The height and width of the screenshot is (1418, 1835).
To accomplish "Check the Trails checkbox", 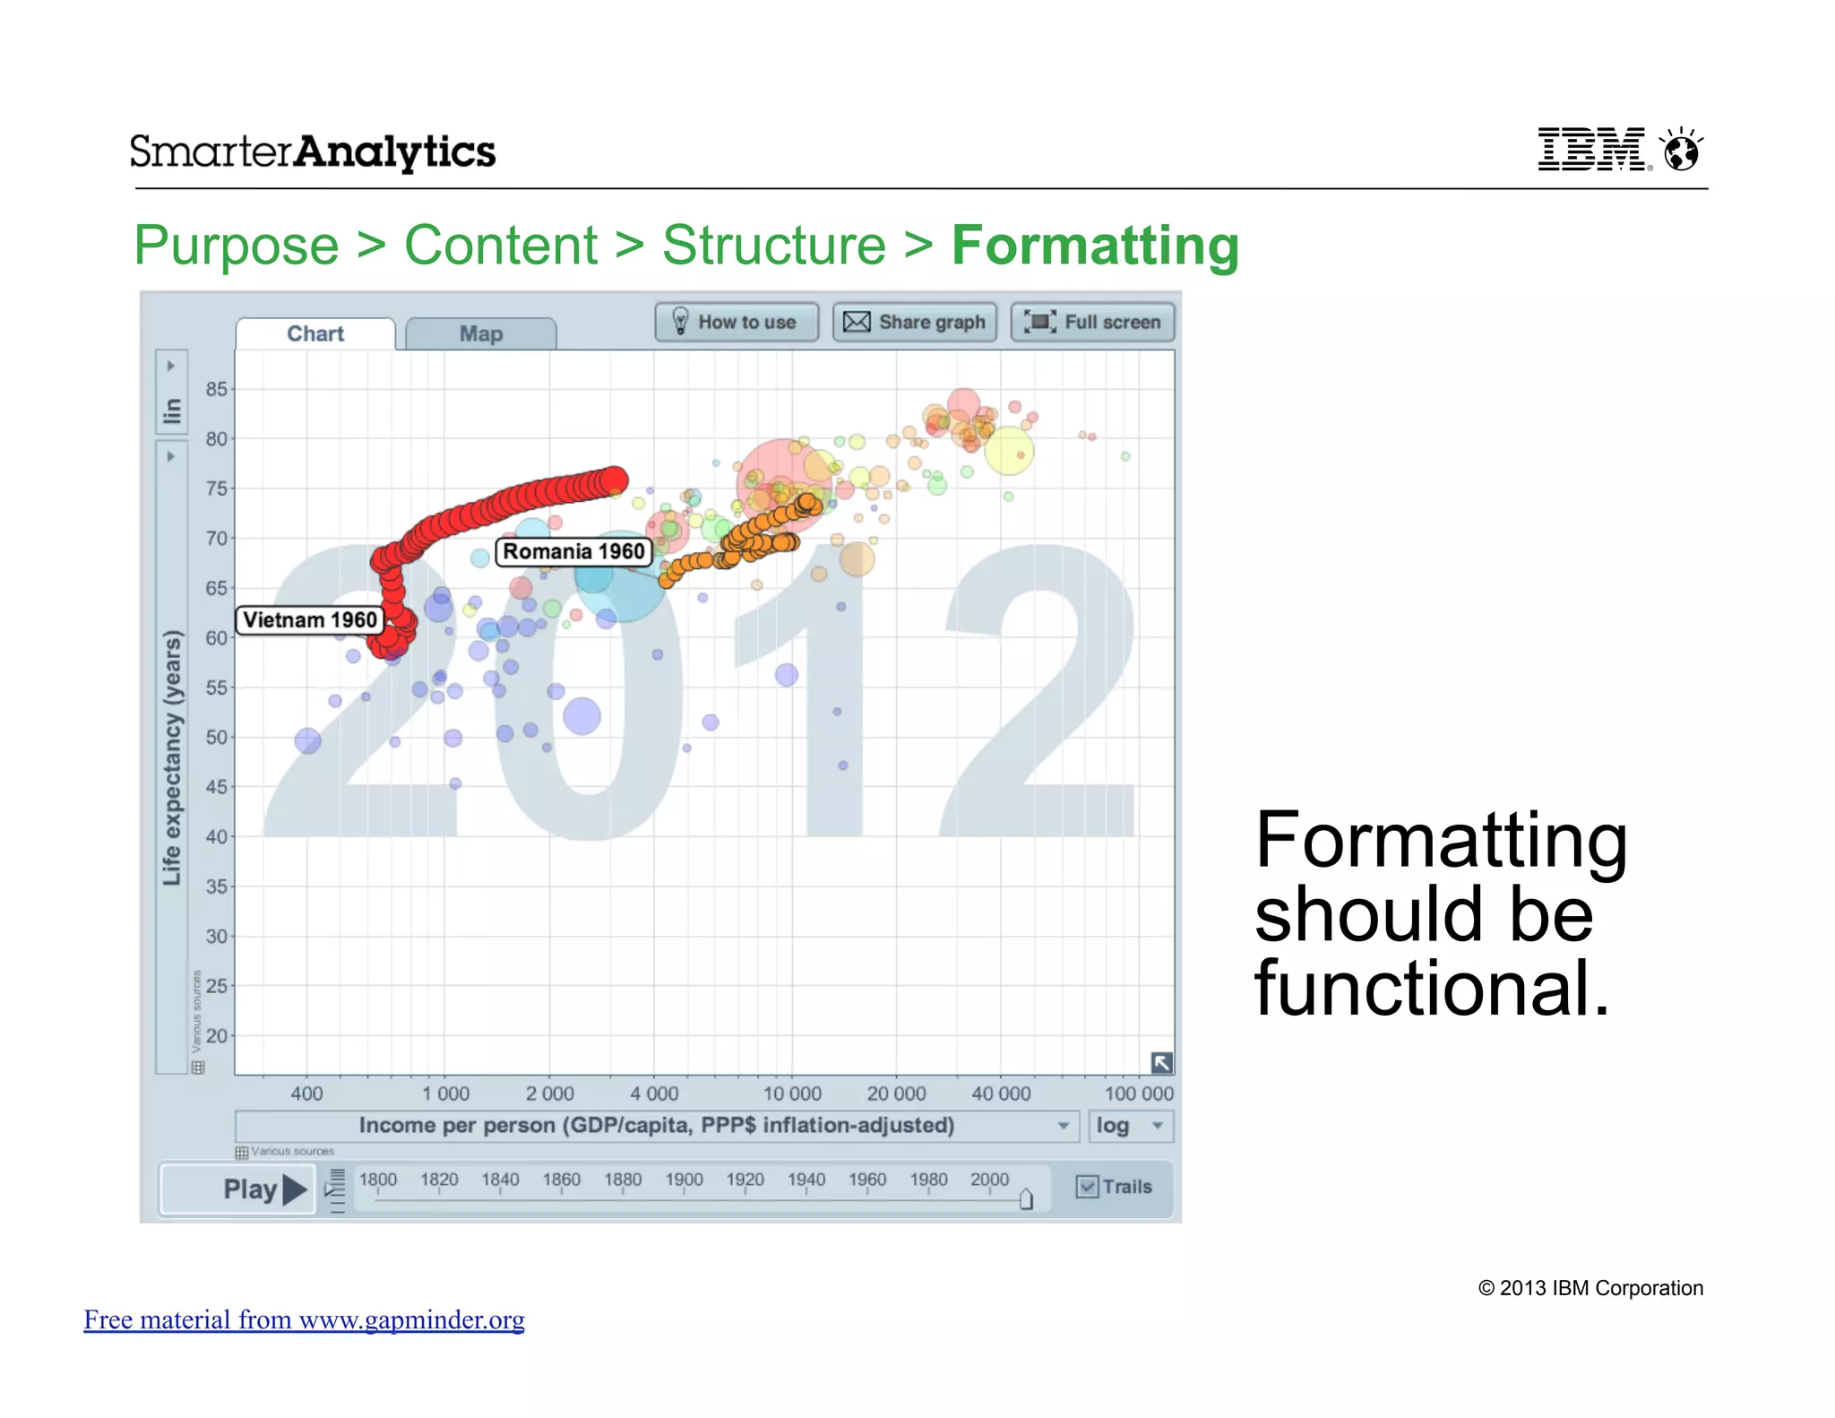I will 1087,1187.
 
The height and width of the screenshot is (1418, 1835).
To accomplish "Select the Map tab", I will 481,334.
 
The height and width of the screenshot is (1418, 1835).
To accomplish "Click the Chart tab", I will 315,334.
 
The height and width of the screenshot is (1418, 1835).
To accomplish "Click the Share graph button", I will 914,322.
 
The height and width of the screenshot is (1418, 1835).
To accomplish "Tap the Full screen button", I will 1092,322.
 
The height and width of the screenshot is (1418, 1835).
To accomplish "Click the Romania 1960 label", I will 573,551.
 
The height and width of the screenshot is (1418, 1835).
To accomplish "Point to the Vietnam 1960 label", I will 310,620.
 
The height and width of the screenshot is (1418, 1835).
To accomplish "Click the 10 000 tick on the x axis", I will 792,1094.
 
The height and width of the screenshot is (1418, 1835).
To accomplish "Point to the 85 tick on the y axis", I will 216,389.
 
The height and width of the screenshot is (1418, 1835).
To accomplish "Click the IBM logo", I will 1592,149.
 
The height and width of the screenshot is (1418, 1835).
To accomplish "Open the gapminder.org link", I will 304,1319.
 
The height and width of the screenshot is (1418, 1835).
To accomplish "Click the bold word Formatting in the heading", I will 1095,246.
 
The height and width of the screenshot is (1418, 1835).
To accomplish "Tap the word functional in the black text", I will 1431,988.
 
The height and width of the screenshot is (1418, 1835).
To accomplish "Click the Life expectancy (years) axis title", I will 172,757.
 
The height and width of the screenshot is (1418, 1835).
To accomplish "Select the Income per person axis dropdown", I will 656,1126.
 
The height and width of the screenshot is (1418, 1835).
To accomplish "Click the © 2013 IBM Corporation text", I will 1590,1288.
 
